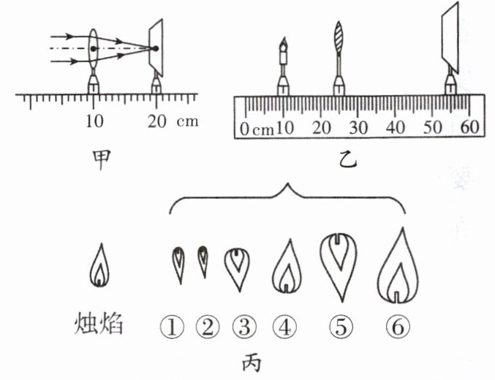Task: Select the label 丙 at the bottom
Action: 249,362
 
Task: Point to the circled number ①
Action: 173,326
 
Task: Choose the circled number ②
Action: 207,326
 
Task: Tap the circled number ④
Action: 285,326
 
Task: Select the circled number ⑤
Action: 340,326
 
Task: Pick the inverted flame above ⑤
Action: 339,265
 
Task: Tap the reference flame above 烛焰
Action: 99,266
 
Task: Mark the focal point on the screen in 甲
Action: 155,49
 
